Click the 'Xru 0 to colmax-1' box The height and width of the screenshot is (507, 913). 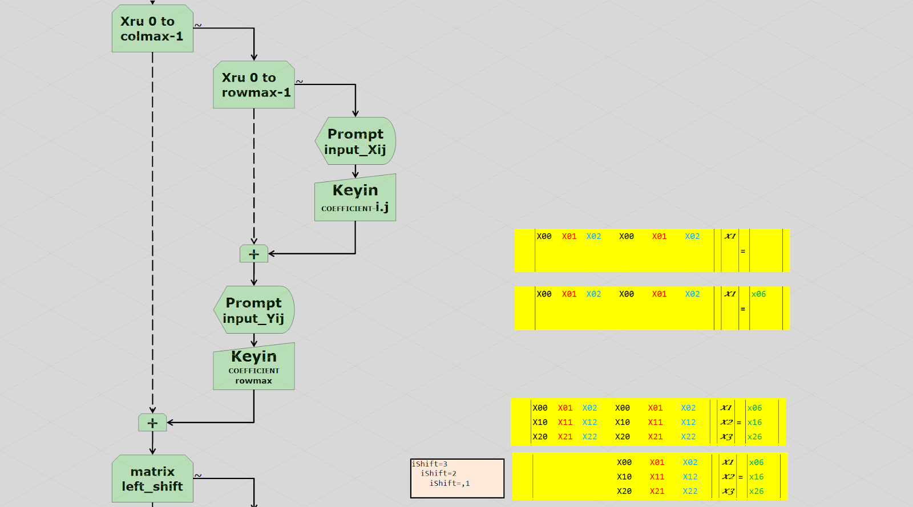(x=152, y=29)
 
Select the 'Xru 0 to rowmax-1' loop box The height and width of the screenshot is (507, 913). (x=254, y=85)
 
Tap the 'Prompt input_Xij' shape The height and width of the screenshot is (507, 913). (x=355, y=141)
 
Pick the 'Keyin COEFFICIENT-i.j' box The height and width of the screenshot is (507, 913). (x=355, y=198)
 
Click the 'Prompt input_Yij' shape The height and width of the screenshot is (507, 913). (x=254, y=310)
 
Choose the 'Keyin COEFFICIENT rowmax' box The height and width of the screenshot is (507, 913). (x=254, y=367)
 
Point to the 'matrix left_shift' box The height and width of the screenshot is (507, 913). (x=152, y=479)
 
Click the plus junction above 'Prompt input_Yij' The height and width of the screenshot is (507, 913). (x=254, y=254)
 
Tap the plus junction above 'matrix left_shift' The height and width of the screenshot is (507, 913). (x=152, y=423)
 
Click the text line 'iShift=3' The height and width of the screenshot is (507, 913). (x=430, y=464)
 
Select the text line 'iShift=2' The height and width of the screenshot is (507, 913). (x=438, y=473)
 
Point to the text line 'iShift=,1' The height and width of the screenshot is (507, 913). (x=450, y=484)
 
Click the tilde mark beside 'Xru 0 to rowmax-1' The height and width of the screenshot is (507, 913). (x=300, y=82)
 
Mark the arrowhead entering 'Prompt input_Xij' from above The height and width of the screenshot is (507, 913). (x=355, y=114)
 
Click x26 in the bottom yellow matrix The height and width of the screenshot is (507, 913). (x=756, y=491)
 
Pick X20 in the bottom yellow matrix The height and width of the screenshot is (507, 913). (x=624, y=491)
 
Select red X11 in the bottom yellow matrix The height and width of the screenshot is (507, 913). (x=657, y=477)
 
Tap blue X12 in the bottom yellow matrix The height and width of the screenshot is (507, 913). (x=690, y=477)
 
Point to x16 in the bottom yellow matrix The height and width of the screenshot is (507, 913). (x=756, y=477)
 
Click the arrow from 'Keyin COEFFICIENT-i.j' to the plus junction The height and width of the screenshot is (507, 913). (x=320, y=254)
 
